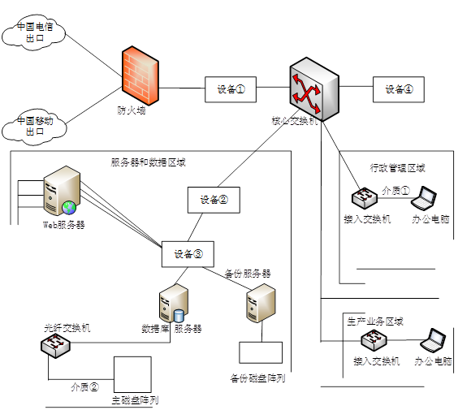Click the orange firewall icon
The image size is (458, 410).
coord(140,76)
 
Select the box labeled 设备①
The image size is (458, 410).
coord(231,89)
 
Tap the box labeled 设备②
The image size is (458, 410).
coord(214,200)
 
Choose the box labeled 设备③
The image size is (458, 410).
coord(188,254)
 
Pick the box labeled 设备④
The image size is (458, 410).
coord(399,89)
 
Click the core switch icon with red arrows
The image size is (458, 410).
coord(314,89)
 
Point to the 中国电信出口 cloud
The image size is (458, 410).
coord(33,32)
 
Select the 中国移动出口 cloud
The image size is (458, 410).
coord(34,127)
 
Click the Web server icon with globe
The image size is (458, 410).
coord(62,191)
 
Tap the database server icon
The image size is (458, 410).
coord(174,303)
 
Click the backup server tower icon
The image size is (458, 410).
coord(261,303)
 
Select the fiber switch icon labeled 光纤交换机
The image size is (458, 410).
coord(55,346)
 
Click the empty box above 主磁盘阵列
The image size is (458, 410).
coord(132,374)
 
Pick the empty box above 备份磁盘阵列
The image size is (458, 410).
coord(261,352)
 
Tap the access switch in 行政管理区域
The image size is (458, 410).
coord(365,198)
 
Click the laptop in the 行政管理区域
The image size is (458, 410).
coord(424,198)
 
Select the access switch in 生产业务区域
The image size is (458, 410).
coord(374,340)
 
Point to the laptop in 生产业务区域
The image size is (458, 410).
coord(433,340)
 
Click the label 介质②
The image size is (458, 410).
coord(84,387)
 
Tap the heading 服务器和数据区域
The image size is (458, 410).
coord(148,162)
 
